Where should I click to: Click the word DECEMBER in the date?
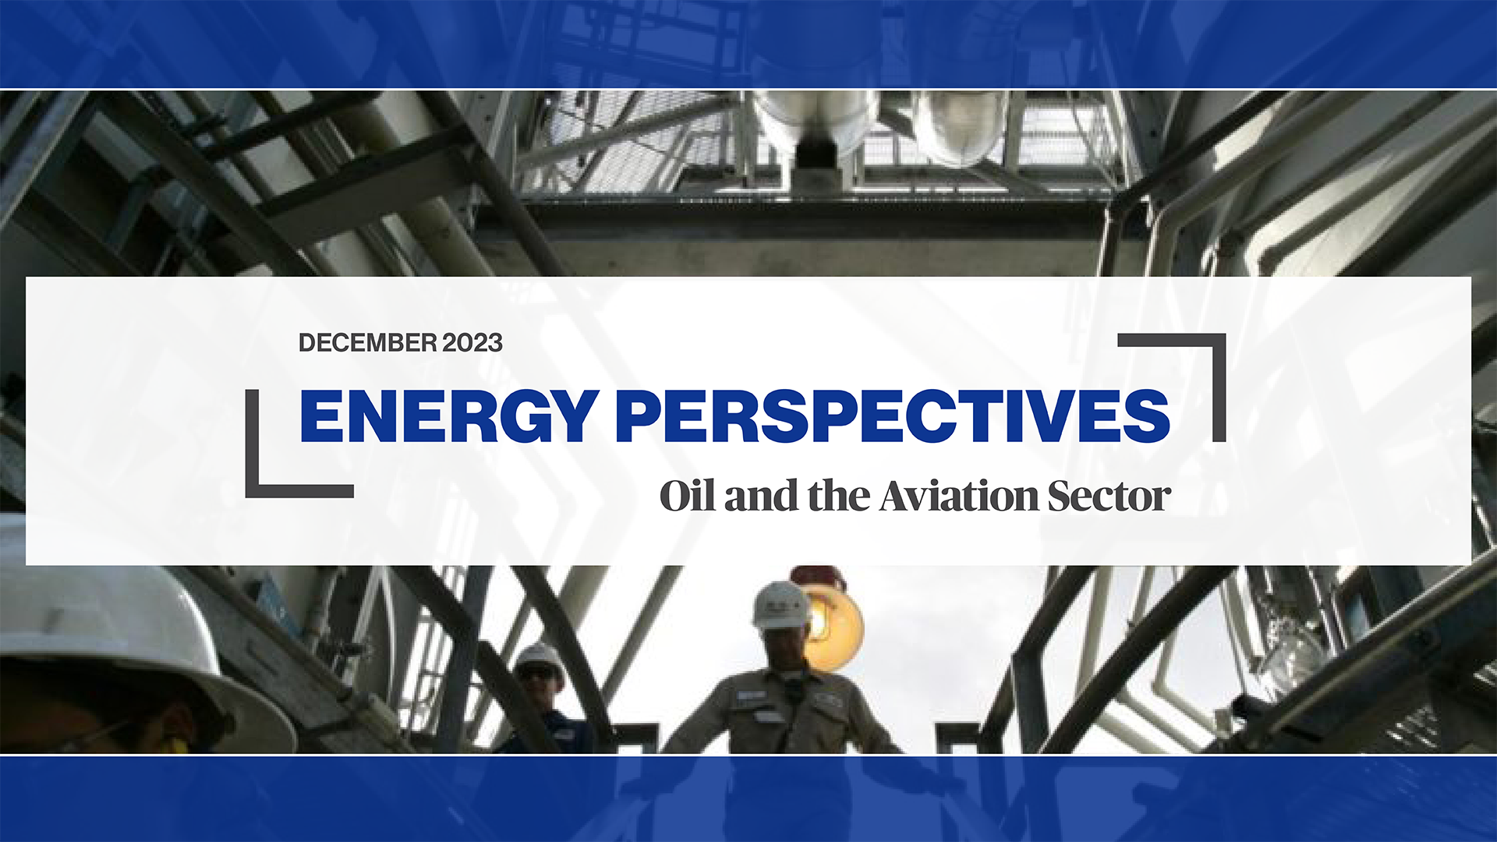[368, 343]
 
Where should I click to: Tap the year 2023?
[472, 343]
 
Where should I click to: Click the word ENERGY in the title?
[450, 416]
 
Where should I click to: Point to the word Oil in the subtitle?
[687, 496]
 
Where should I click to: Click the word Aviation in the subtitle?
[960, 496]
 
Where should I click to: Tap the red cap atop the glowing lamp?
[818, 578]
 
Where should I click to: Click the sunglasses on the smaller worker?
[539, 671]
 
